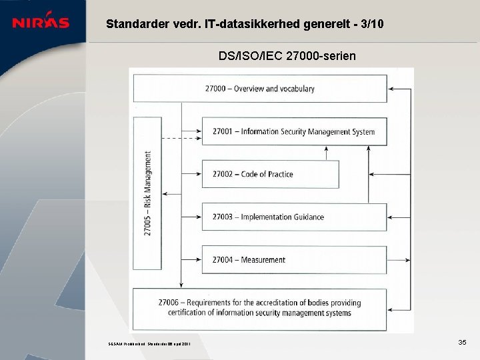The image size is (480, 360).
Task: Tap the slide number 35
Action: pos(462,342)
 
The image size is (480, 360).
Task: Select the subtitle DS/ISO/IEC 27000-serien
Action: pos(287,56)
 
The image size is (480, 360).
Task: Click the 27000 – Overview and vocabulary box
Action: pos(260,89)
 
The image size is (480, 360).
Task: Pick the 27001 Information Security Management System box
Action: pos(293,131)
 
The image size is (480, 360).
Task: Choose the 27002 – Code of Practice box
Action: pos(270,174)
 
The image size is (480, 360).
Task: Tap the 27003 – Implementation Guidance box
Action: pos(293,217)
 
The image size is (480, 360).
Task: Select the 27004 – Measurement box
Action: pos(293,259)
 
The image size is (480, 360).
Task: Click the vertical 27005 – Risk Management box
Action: pos(147,193)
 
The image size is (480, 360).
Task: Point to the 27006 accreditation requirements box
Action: pos(260,307)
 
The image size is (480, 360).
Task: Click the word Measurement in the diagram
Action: pos(263,260)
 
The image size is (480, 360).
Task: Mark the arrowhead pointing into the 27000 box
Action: pos(391,89)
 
